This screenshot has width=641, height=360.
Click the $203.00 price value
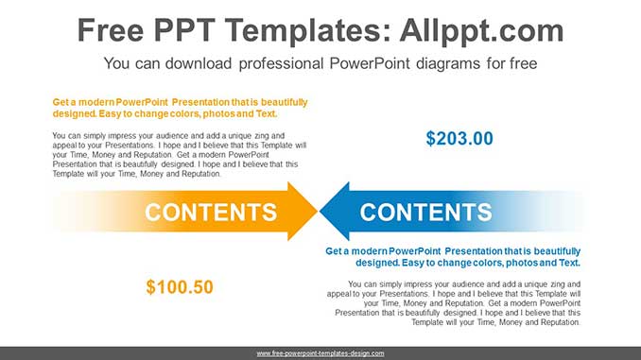459,138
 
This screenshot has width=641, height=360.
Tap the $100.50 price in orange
180,286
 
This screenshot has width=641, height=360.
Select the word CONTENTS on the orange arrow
211,212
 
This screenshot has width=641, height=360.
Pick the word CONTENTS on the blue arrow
426,212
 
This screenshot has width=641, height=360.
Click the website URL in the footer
320,353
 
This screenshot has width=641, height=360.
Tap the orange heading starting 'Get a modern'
180,108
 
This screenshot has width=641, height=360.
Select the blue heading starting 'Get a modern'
452,257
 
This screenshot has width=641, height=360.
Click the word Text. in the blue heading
565,263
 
